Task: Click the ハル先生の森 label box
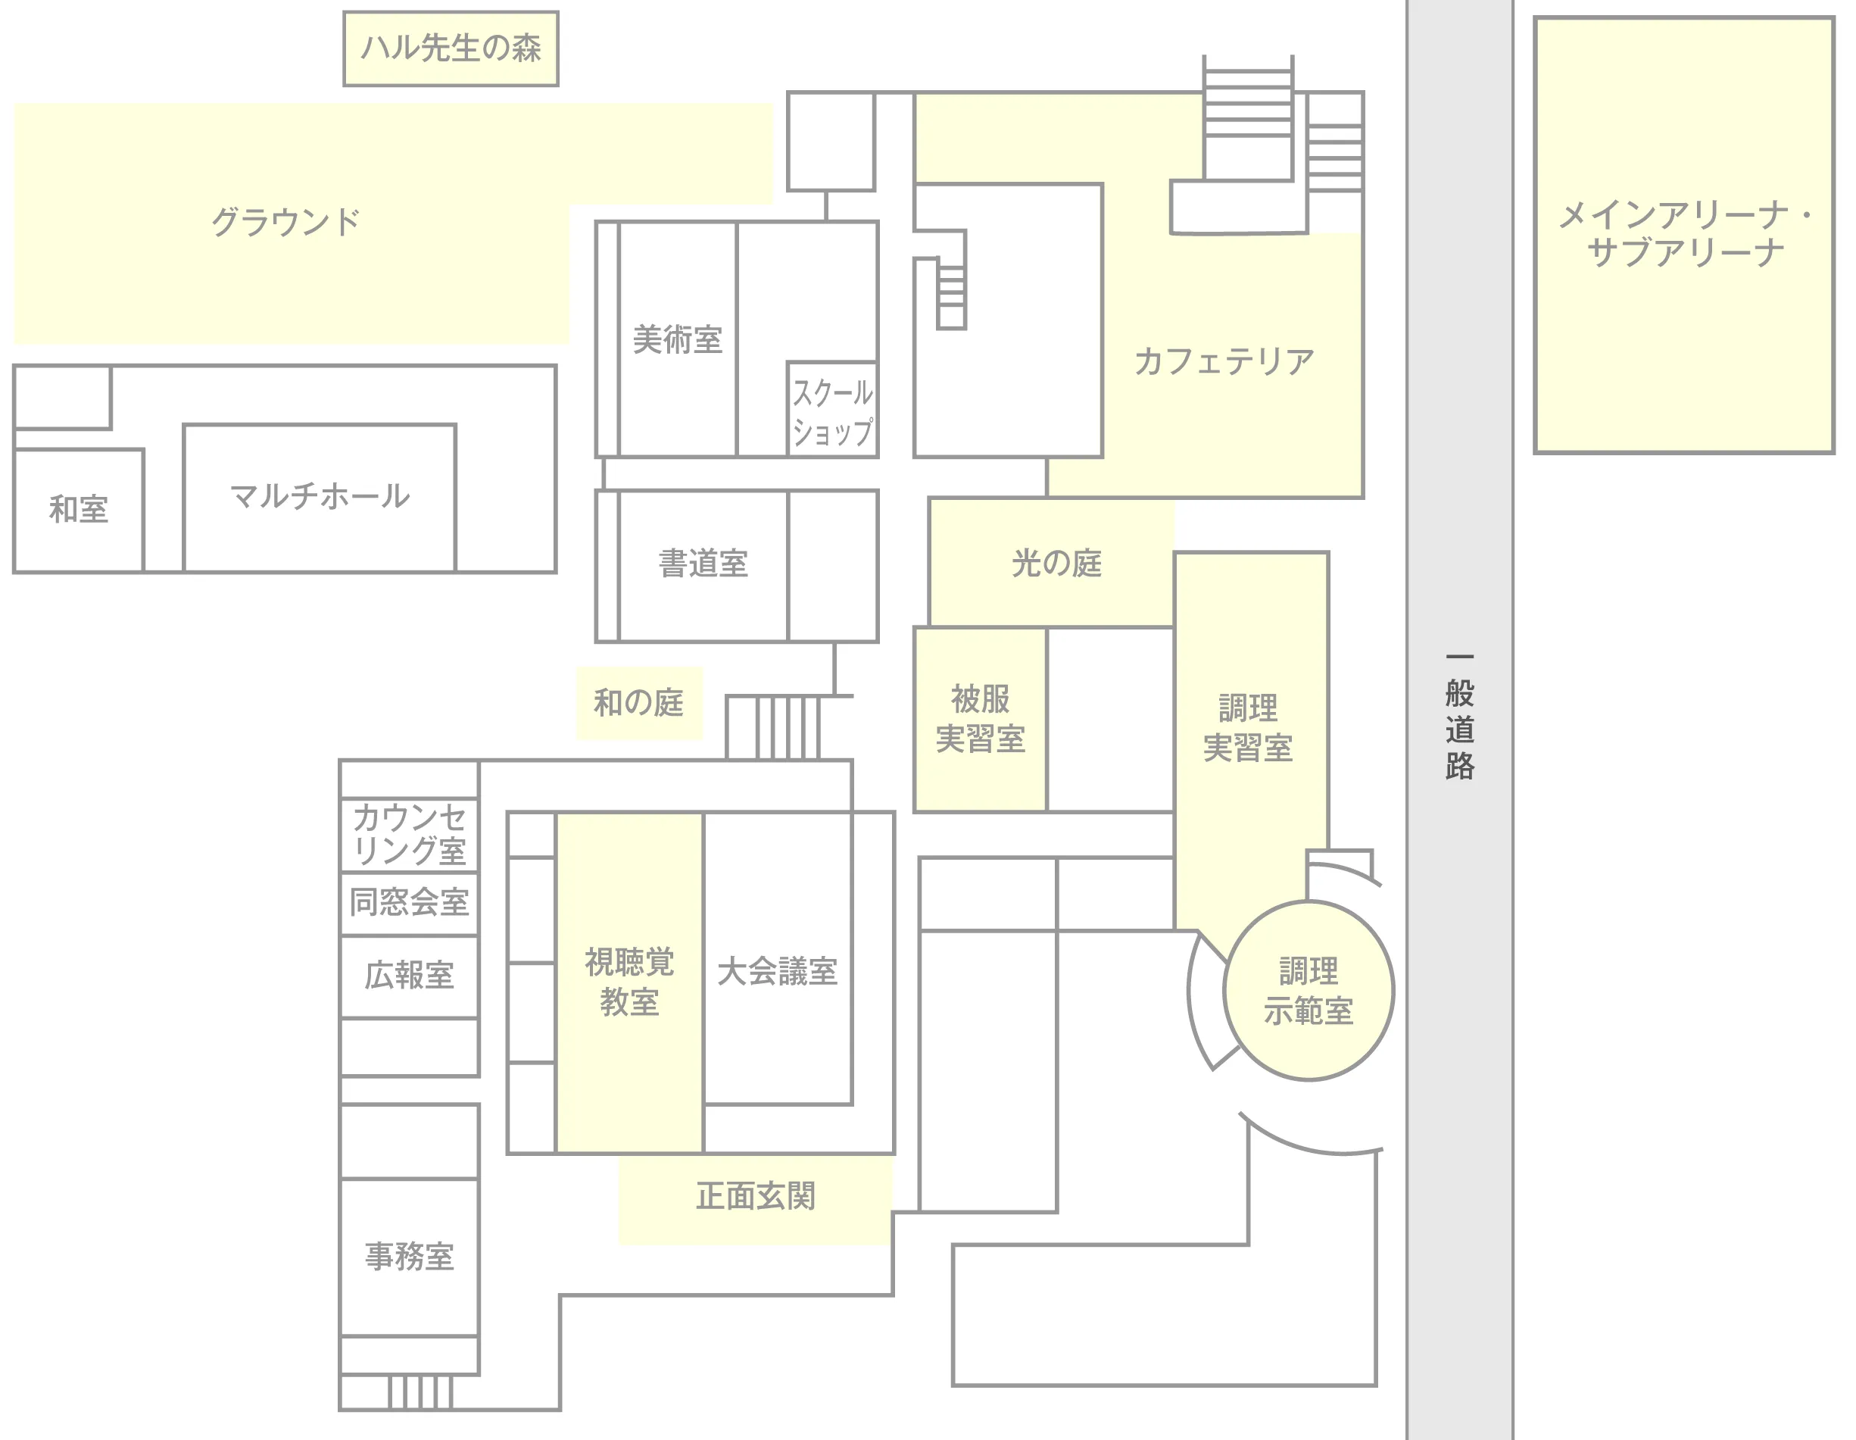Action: [x=451, y=48]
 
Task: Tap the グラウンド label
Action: [x=285, y=222]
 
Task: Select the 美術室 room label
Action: [x=677, y=339]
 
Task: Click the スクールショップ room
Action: [x=832, y=410]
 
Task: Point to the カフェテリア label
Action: [x=1224, y=361]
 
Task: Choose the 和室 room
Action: [x=79, y=510]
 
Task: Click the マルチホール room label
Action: [x=320, y=495]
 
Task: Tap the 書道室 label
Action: [x=703, y=564]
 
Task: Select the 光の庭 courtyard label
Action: [x=1056, y=563]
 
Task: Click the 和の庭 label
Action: [x=639, y=703]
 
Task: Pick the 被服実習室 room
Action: [x=981, y=719]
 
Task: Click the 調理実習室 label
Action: [x=1249, y=728]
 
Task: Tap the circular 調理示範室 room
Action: [x=1309, y=990]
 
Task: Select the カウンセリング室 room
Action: [x=410, y=835]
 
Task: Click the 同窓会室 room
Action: [x=410, y=904]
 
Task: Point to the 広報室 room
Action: [x=410, y=976]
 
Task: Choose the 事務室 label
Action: [x=410, y=1257]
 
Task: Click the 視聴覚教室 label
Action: [x=630, y=982]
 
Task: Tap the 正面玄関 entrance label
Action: [x=756, y=1196]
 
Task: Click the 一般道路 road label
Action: [x=1460, y=717]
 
